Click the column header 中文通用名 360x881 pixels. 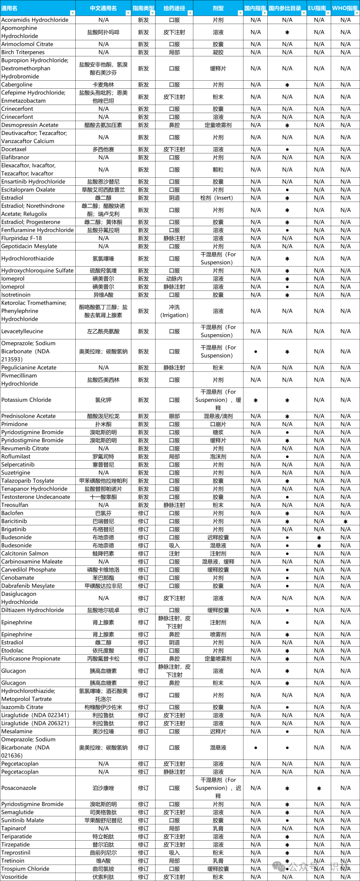[x=103, y=8]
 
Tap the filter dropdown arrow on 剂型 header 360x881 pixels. [x=240, y=13]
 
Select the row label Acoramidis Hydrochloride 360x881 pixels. [x=35, y=20]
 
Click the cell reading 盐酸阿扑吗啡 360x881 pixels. [x=103, y=32]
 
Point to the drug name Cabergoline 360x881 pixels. [x=17, y=84]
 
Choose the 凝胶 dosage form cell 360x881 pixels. [x=218, y=52]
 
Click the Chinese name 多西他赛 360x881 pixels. [x=103, y=149]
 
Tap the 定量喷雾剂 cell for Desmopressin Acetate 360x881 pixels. [x=218, y=125]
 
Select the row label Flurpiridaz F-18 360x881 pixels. [x=22, y=238]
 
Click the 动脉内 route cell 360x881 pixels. [x=174, y=279]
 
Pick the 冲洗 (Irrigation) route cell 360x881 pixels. [x=174, y=311]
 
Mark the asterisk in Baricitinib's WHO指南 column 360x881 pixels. [x=345, y=522]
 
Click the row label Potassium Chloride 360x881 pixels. [x=26, y=400]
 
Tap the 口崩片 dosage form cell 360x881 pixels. [x=218, y=424]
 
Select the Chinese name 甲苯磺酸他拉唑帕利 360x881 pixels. [x=103, y=481]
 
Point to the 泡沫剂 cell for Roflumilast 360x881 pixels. [x=218, y=457]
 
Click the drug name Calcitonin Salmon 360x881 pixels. [x=25, y=553]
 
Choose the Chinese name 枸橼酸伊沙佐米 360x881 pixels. [x=103, y=707]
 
